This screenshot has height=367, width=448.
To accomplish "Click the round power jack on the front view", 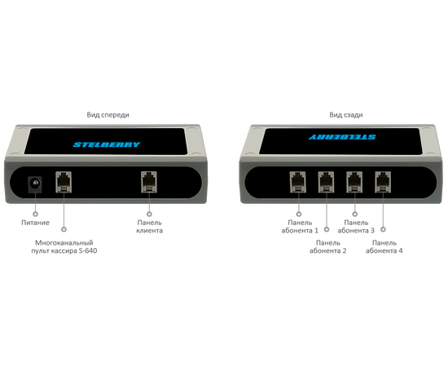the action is (35, 184).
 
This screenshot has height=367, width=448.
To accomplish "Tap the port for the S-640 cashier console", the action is (64, 182).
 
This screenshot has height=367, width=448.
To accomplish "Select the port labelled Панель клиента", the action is (149, 182).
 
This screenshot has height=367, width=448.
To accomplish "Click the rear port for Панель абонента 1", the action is (297, 182).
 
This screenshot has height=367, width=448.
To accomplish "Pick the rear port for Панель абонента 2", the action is (326, 182).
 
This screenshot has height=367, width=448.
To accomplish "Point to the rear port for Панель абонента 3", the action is (354, 182).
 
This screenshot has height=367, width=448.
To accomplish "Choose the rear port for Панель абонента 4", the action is (383, 182).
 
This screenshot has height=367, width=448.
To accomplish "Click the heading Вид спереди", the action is (108, 115).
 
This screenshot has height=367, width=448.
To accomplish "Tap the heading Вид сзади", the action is (346, 115).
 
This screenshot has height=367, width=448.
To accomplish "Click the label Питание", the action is (35, 223).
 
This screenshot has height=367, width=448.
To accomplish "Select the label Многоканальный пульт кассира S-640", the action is (64, 247).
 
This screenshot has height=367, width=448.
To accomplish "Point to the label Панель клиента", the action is (149, 227).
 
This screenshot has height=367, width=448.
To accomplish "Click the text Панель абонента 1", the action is (300, 227).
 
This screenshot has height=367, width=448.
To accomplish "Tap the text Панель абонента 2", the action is (328, 247).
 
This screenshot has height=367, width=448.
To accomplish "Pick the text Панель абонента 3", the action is (356, 227).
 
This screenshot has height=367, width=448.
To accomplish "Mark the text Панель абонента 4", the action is (384, 247).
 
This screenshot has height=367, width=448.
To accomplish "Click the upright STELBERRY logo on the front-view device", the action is (107, 144).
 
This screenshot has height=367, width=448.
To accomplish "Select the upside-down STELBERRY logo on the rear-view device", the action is (342, 137).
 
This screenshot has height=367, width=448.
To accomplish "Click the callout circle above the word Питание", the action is (35, 214).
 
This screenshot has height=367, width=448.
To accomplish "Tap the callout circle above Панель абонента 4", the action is (383, 229).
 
